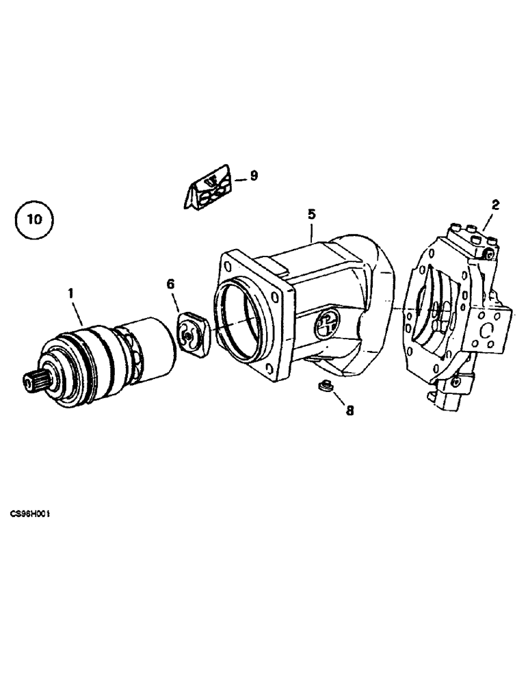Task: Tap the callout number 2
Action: [x=495, y=204]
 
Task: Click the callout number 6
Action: [x=171, y=283]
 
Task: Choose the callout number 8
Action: [x=349, y=411]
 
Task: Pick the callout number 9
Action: [x=254, y=176]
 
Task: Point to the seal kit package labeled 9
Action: [x=209, y=187]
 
